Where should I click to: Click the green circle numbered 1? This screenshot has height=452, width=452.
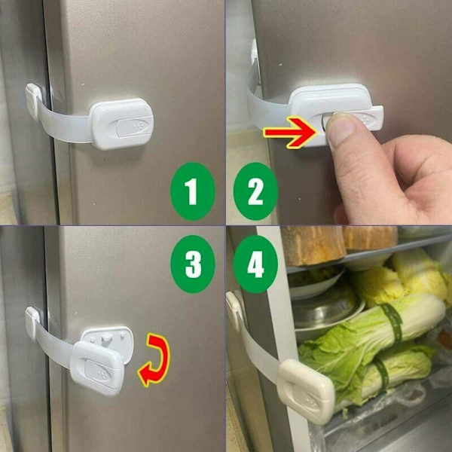point(193,191)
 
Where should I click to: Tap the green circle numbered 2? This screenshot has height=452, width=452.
point(255,191)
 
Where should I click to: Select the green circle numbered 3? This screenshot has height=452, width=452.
point(193,264)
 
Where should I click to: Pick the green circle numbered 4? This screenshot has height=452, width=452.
point(255,264)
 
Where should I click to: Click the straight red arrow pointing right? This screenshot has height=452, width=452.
point(291,133)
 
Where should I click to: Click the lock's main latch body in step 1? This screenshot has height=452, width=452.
point(121,124)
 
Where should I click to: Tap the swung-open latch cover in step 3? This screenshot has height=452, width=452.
point(96,368)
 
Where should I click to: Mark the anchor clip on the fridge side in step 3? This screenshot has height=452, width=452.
point(32,323)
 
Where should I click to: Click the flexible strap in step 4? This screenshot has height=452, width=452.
point(259,352)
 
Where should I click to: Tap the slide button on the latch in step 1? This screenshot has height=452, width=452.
point(134,126)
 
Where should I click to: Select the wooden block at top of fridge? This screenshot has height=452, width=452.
point(313,245)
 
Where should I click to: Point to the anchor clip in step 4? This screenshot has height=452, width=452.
point(235,310)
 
